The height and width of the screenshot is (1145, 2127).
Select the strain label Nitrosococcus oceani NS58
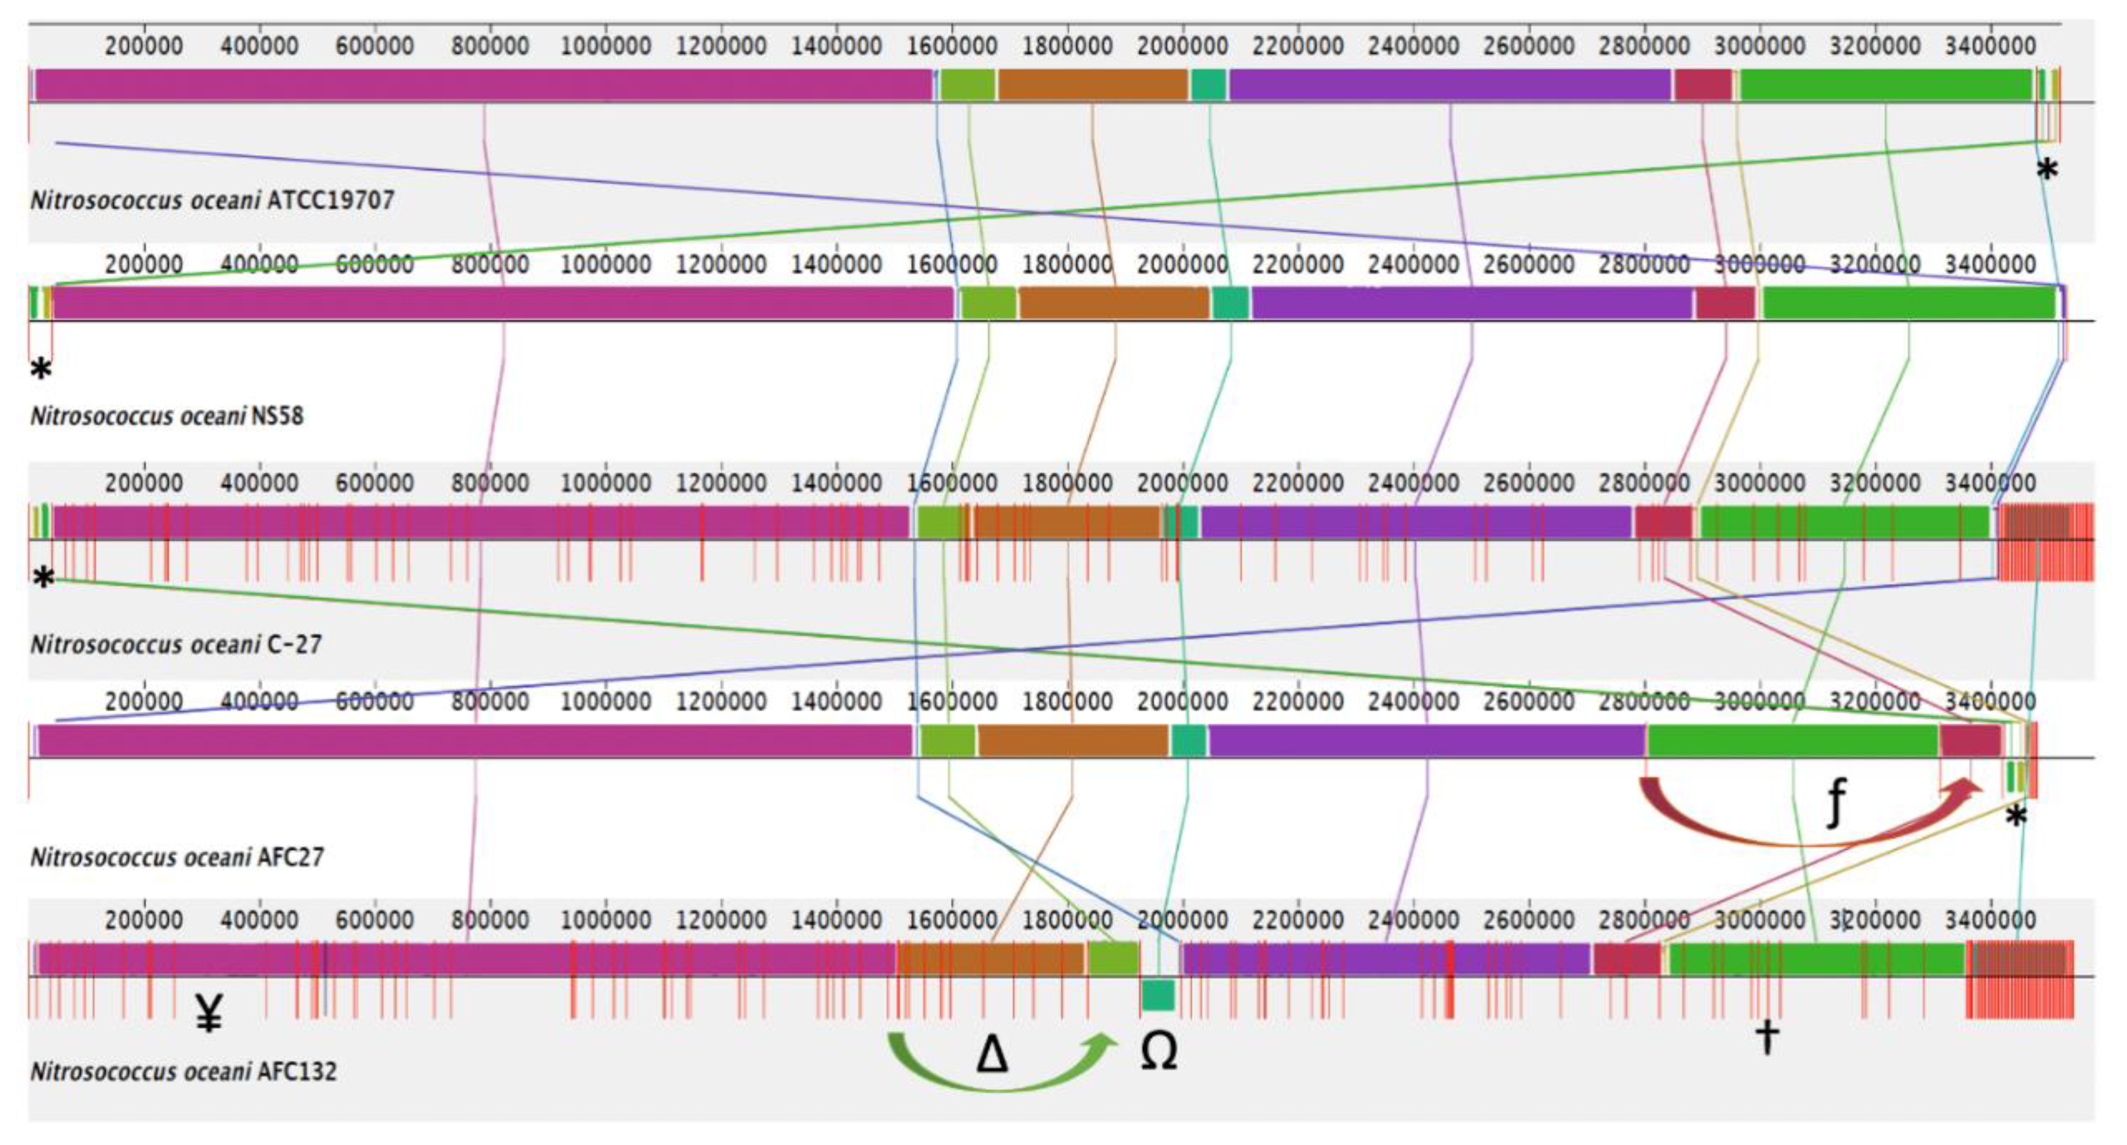click(167, 415)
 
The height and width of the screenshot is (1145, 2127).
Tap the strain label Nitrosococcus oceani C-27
click(176, 644)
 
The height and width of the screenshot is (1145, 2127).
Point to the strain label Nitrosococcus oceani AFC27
click(177, 858)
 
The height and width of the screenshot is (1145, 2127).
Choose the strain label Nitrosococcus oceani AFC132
click(183, 1072)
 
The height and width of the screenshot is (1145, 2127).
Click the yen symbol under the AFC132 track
click(209, 1013)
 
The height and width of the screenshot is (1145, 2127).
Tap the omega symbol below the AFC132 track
click(1159, 1052)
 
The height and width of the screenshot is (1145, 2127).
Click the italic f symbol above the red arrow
click(1835, 802)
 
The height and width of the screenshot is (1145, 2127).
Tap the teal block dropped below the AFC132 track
click(1157, 995)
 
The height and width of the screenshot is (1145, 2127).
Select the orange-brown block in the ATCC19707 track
click(1092, 85)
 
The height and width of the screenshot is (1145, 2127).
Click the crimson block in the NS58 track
click(1726, 303)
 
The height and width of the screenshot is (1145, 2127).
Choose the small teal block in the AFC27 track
click(1188, 741)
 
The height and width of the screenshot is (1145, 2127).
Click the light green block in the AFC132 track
click(1113, 958)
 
